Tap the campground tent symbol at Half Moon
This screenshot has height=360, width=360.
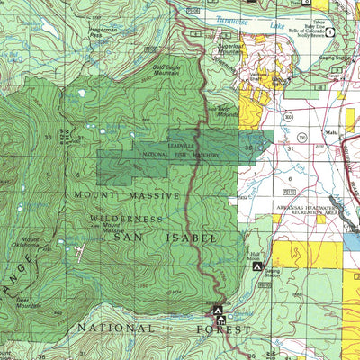point(257,267)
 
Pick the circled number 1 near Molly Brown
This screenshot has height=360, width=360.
point(330,32)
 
